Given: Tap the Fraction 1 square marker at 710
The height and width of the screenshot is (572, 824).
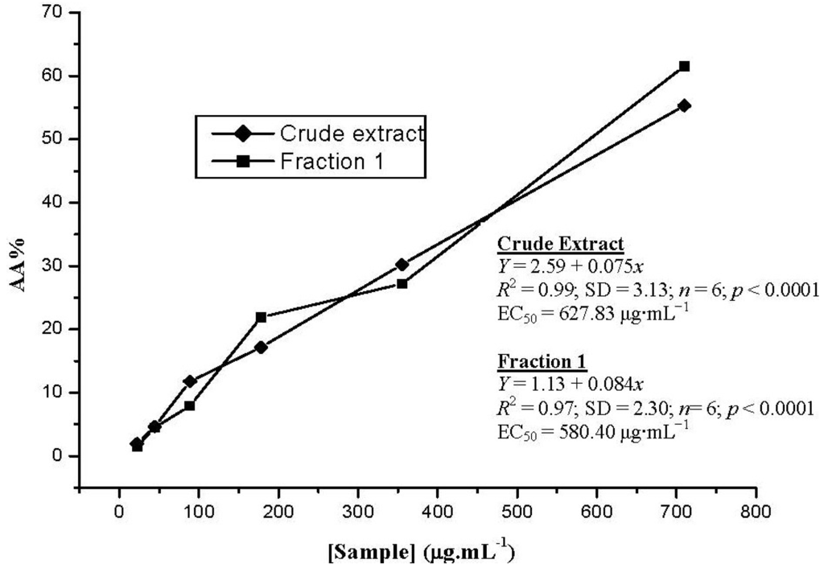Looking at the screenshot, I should coord(684,66).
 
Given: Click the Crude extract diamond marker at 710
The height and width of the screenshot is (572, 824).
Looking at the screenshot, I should coord(684,105).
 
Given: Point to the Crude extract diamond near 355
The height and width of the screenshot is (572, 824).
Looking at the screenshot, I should coord(402,264).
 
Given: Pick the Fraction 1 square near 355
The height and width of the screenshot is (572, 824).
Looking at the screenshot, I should coord(402,283).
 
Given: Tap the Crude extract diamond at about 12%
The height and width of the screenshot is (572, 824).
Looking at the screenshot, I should coord(190,381).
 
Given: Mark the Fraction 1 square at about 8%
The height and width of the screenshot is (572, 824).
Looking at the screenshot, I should coord(190,405).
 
